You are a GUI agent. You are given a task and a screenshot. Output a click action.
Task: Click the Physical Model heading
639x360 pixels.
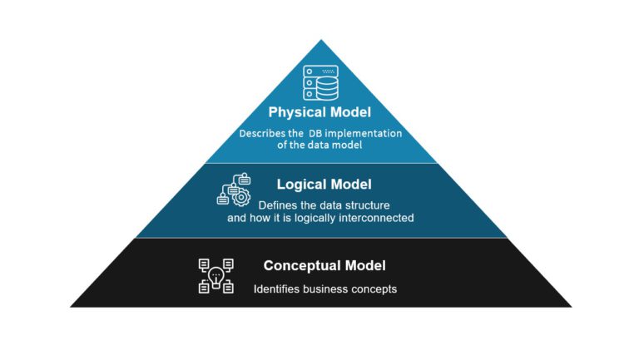(x=319, y=112)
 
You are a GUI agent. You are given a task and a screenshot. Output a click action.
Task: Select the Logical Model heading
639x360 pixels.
(x=324, y=185)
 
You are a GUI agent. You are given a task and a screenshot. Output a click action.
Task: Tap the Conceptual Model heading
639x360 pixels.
(x=324, y=266)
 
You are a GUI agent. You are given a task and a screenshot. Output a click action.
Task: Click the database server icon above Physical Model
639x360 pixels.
(x=320, y=82)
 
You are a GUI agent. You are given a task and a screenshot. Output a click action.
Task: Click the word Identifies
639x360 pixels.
(x=279, y=289)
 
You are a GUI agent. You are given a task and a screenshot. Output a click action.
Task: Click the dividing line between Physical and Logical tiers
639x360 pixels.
(x=320, y=163)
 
